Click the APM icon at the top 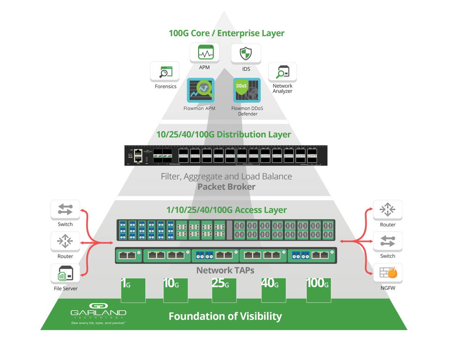pos(205,53)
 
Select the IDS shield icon pos(246,53)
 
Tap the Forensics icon pos(164,71)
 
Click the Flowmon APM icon pos(201,90)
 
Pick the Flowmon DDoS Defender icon pos(247,90)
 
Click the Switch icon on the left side pos(65,210)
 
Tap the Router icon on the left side pos(65,242)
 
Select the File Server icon pos(65,273)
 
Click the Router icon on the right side pos(388,210)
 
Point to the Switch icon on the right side pos(388,241)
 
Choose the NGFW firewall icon pos(388,272)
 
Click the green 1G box pos(133,290)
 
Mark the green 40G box pos(274,290)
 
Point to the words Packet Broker pos(226,187)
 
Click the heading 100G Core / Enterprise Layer pos(226,33)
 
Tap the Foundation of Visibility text pos(225,316)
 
